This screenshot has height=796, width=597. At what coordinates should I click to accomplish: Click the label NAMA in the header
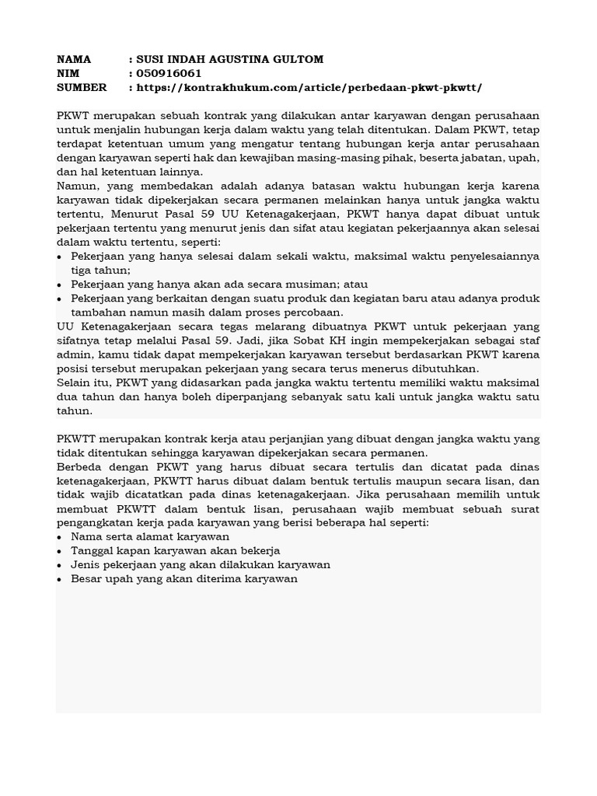pyautogui.click(x=74, y=60)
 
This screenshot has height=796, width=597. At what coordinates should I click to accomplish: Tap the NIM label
pyautogui.click(x=68, y=74)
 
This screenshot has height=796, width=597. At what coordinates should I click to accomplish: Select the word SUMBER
pyautogui.click(x=82, y=88)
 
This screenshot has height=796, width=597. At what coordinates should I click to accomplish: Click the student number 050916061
pyautogui.click(x=169, y=74)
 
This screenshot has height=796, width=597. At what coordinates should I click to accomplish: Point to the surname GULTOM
pyautogui.click(x=295, y=60)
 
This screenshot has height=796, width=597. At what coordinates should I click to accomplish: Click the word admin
pyautogui.click(x=74, y=354)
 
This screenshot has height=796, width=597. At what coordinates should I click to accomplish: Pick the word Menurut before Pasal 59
pyautogui.click(x=134, y=215)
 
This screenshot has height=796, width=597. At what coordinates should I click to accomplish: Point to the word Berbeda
pyautogui.click(x=82, y=466)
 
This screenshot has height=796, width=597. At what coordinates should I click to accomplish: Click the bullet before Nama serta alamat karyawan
pyautogui.click(x=61, y=537)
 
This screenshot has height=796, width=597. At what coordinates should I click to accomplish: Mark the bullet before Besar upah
pyautogui.click(x=61, y=579)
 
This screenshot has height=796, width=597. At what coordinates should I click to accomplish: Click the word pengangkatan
pyautogui.click(x=96, y=522)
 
